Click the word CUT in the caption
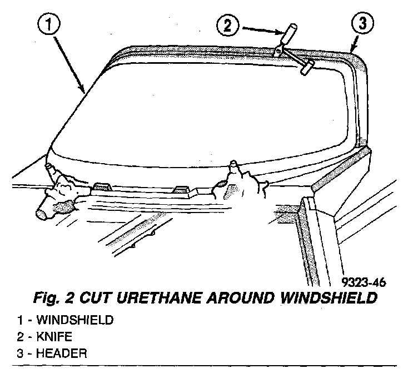coord(94,298)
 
